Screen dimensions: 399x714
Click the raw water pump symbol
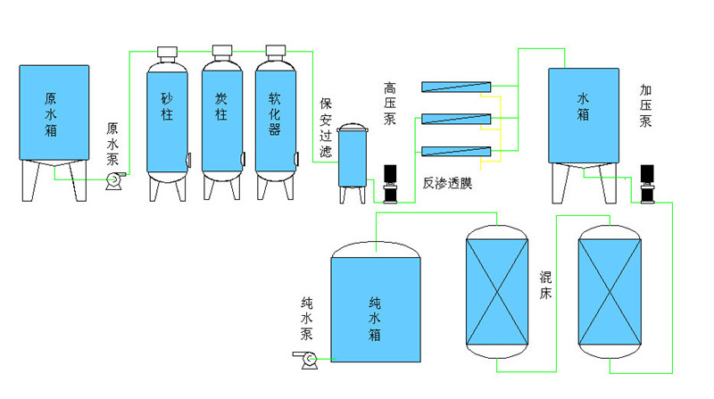114,181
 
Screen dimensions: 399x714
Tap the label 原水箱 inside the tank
51,113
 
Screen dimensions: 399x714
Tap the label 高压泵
389,104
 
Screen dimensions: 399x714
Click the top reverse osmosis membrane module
456,87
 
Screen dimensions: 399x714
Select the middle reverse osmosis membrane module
456,119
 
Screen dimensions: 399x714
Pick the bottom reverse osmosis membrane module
456,151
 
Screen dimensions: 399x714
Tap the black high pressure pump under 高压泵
389,183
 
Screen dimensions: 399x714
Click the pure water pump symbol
308,359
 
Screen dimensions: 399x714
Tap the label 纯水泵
306,320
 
